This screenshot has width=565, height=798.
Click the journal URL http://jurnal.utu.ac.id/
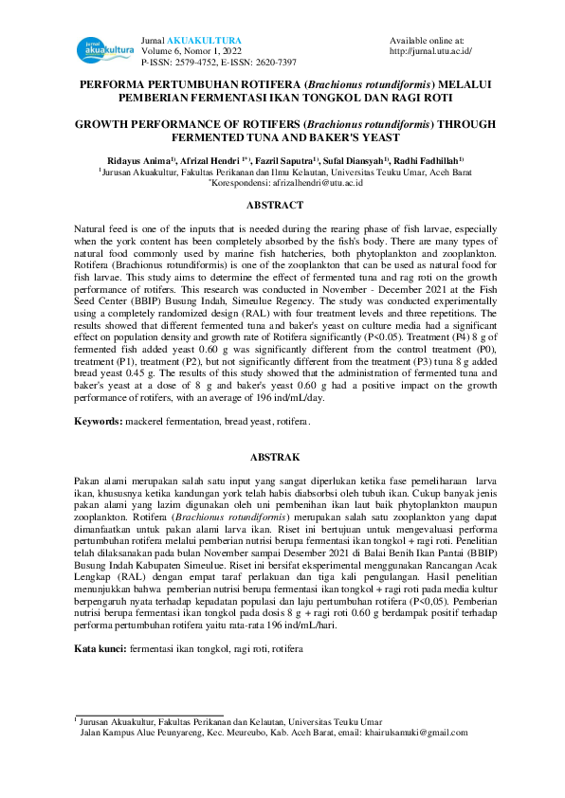pos(430,50)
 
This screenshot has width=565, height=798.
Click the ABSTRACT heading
pos(282,205)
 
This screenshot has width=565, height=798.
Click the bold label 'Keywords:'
pos(98,420)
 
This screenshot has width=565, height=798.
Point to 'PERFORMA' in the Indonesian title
pos(118,84)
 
